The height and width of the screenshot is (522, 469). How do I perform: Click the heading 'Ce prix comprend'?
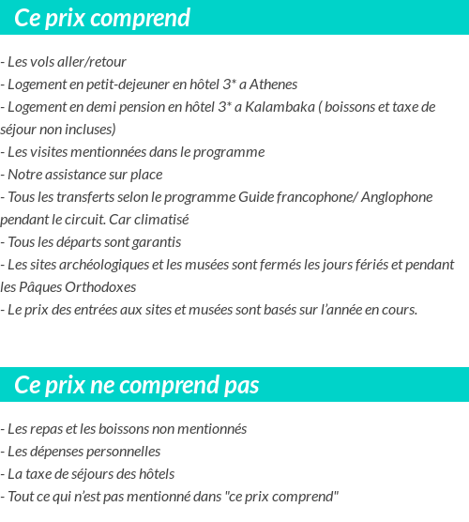coord(102,18)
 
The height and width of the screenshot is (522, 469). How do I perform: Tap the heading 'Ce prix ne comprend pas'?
coord(137,385)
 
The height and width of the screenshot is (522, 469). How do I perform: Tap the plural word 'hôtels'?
coord(153,473)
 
